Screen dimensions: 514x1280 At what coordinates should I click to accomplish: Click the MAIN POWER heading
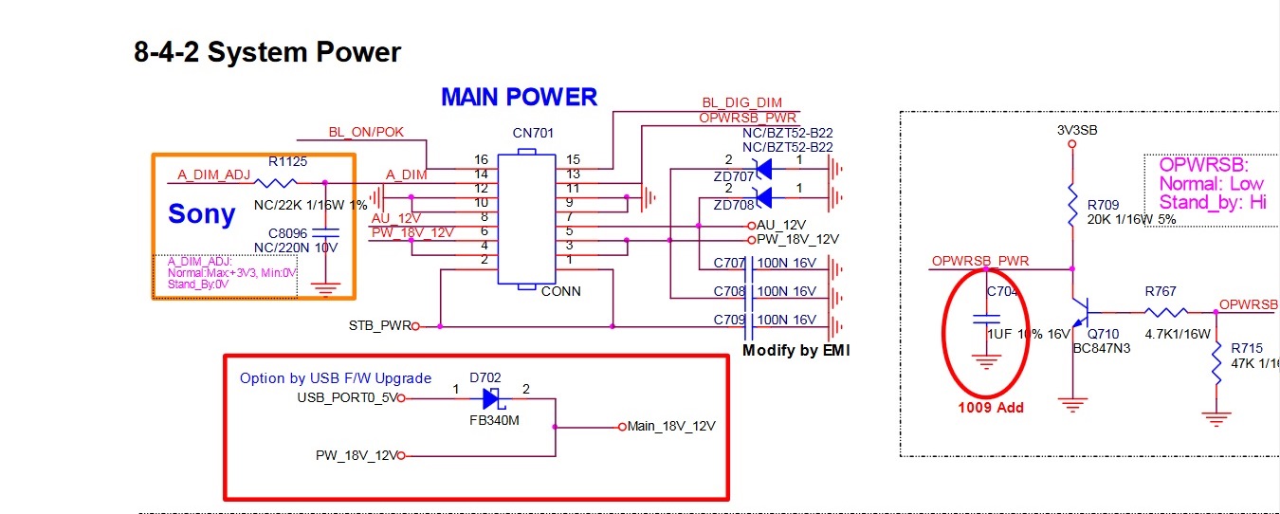point(519,97)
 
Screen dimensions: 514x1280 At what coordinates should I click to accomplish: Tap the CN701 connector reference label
point(534,134)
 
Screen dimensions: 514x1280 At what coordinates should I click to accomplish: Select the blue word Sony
point(202,214)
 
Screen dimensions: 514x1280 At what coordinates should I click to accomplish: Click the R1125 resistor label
point(287,162)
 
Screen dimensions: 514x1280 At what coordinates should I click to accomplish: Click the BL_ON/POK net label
point(366,132)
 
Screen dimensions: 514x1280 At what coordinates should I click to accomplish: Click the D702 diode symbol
point(492,398)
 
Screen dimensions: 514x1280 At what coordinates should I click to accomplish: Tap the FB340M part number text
point(494,420)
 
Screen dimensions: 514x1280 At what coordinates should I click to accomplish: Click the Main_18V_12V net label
point(671,426)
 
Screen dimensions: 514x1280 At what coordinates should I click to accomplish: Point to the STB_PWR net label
point(380,326)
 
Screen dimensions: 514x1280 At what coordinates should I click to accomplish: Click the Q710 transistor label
point(1104,334)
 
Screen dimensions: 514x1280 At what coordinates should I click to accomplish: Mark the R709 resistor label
point(1103,204)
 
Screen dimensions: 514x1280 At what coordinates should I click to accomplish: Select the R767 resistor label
point(1161,292)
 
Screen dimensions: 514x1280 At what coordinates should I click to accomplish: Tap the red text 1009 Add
point(992,408)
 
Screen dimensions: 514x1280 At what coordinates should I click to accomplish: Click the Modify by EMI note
point(796,351)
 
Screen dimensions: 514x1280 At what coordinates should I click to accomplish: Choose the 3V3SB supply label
point(1076,130)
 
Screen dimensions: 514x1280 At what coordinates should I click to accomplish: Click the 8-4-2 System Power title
point(267,52)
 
